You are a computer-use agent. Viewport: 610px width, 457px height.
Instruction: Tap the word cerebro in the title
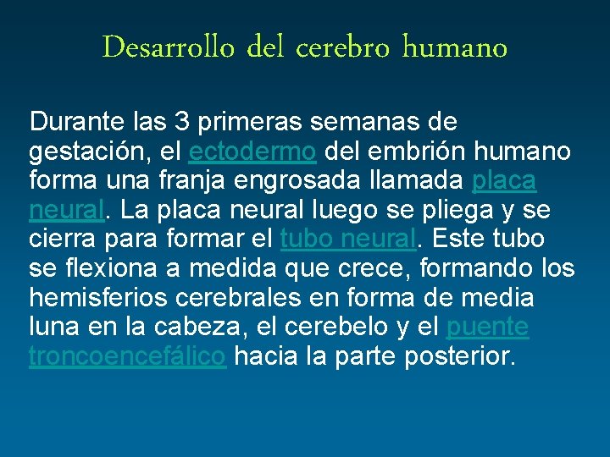(345, 47)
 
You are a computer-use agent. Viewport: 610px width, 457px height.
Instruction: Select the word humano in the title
(454, 47)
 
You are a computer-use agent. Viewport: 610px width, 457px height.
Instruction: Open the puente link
(487, 328)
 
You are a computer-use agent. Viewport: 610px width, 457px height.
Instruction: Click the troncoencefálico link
(127, 356)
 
